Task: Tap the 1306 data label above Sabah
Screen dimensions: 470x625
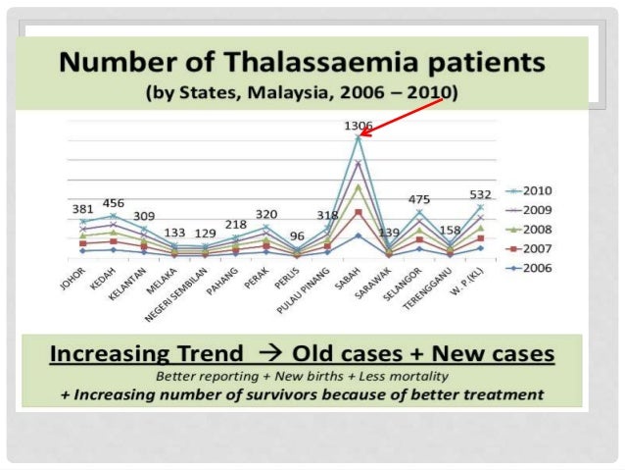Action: (x=360, y=127)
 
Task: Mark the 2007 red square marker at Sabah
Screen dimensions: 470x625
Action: (x=359, y=212)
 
